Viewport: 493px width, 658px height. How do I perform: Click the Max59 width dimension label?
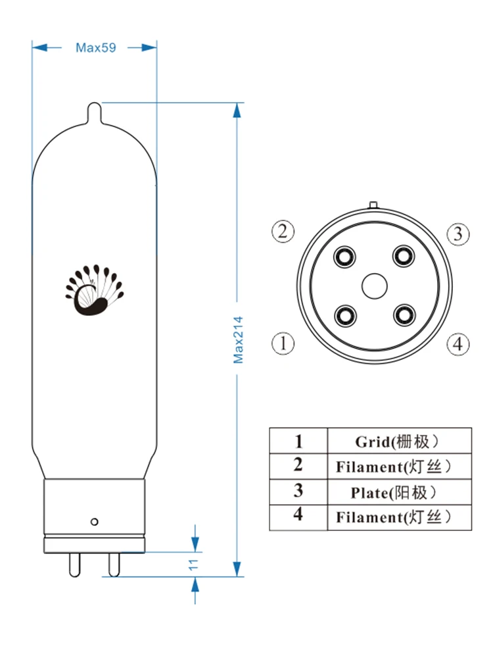(95, 47)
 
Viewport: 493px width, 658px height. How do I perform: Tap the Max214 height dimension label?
(238, 340)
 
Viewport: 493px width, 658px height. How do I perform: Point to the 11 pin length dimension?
(193, 565)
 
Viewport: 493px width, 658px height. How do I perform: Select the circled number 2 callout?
(283, 231)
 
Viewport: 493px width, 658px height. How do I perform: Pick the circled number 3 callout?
(458, 234)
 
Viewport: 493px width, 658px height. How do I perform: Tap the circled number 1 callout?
(283, 343)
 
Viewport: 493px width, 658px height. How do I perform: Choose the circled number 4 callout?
(458, 344)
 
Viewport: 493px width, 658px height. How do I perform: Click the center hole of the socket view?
(375, 286)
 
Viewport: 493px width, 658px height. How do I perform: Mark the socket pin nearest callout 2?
(344, 257)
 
